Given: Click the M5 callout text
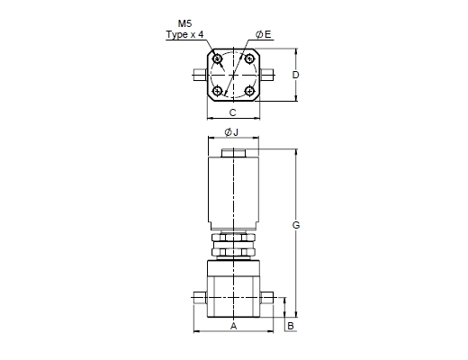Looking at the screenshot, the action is (184, 23).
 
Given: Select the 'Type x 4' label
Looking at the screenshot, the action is (185, 34).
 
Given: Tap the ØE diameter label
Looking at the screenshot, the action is (263, 34).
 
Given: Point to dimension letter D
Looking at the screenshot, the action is (295, 75).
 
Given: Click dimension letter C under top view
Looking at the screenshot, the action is (232, 112).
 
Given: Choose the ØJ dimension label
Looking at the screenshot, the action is (231, 132).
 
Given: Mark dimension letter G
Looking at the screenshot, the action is (296, 225).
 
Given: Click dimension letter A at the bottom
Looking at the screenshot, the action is (233, 326).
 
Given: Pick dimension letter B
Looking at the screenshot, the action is (291, 326).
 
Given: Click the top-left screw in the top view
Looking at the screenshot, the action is (217, 58).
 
